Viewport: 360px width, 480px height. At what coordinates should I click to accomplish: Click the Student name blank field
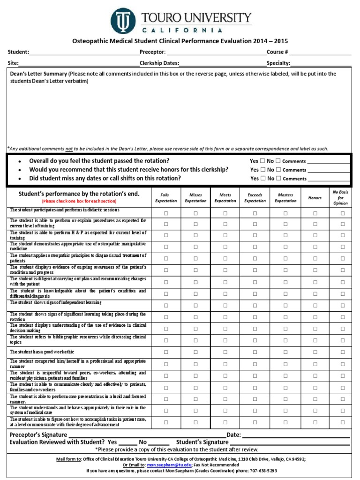point(84,52)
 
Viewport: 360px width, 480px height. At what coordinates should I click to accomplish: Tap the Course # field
point(320,52)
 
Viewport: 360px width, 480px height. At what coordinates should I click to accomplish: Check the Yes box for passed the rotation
point(262,161)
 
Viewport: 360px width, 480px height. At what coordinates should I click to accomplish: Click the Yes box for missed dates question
point(262,178)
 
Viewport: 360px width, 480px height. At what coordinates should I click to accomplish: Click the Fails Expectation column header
point(166,198)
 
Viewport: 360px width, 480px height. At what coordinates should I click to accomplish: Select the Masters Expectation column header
point(285,198)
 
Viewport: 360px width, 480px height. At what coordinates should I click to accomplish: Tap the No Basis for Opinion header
point(340,197)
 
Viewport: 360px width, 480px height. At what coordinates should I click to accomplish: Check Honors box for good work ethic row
point(315,352)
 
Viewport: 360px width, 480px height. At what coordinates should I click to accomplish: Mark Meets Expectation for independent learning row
point(225,306)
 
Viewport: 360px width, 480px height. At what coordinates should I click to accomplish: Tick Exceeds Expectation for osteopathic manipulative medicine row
point(255,247)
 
